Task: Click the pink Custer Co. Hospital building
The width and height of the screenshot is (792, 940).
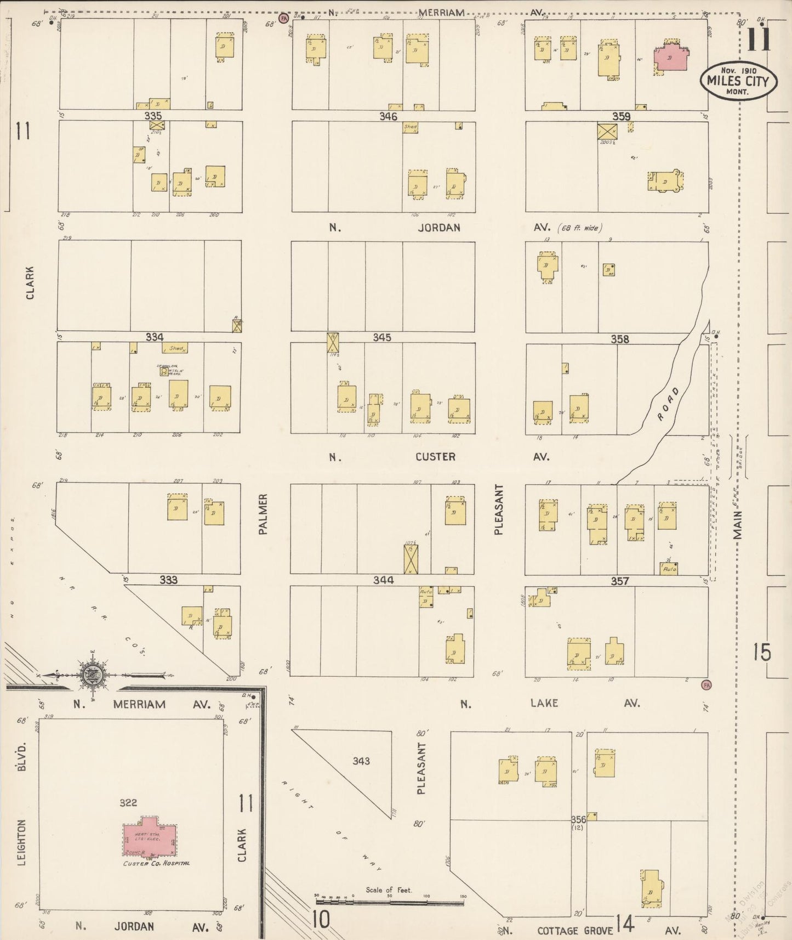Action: (149, 839)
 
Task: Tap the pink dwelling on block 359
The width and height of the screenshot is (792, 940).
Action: (670, 58)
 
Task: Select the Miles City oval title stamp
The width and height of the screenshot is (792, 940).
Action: (734, 81)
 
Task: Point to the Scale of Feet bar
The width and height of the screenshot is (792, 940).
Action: (389, 902)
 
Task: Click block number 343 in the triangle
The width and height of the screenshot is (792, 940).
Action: (361, 761)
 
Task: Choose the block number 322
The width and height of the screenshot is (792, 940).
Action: (128, 803)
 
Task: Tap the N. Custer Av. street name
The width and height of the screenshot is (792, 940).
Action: (436, 456)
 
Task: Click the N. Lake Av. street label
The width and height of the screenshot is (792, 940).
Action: (544, 703)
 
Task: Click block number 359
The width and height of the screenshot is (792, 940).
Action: (621, 116)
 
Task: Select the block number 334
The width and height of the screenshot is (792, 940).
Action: (155, 337)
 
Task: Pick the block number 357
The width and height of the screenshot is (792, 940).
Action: (620, 581)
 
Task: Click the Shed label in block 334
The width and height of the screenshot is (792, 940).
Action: (176, 348)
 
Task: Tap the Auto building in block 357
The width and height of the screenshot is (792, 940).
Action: (669, 569)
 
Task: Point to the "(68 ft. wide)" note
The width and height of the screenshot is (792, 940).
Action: (585, 228)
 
